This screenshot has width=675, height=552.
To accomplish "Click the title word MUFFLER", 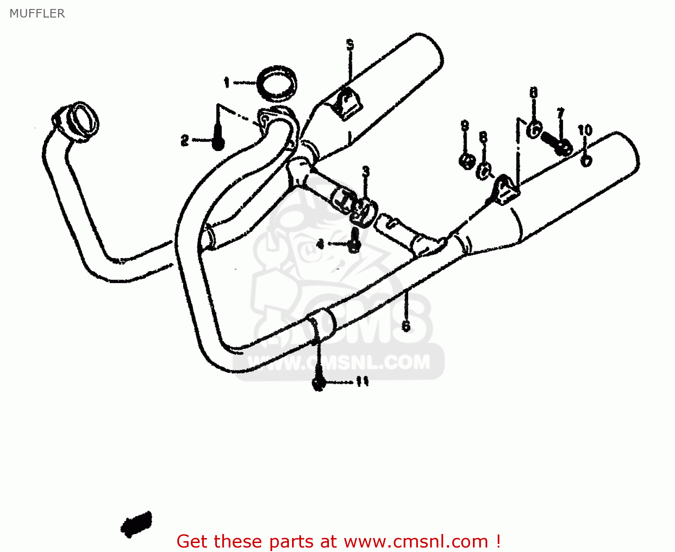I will [x=37, y=13].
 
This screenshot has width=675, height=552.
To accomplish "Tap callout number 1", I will [x=227, y=83].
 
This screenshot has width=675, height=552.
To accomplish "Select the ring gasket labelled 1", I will [x=277, y=84].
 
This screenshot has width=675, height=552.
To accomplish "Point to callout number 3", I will [x=366, y=171].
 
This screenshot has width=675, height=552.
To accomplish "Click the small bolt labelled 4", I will [x=355, y=240].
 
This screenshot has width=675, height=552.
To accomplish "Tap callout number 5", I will [x=350, y=45].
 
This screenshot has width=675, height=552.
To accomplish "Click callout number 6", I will [x=406, y=325].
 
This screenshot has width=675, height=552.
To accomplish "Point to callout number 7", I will [x=560, y=113].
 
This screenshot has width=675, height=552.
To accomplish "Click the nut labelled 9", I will [x=467, y=160].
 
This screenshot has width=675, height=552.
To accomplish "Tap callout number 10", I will [x=585, y=130].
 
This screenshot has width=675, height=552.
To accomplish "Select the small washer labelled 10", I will [x=586, y=160].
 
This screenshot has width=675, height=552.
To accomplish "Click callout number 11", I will [x=362, y=382].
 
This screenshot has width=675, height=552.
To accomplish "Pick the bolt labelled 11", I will [x=319, y=383].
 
